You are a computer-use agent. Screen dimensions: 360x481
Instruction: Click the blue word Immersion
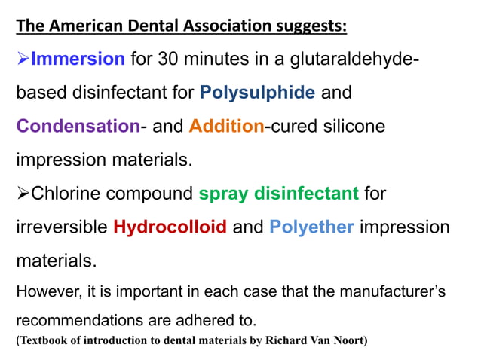point(78,59)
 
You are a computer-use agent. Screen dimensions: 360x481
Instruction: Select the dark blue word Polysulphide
point(257,93)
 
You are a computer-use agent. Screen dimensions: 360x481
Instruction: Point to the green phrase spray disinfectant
point(278,194)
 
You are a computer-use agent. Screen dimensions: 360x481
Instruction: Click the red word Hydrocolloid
point(170,227)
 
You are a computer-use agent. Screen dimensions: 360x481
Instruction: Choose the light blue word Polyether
point(311,227)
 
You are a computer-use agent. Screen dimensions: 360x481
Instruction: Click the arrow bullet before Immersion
point(23,59)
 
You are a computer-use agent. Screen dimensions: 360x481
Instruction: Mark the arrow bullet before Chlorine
point(23,194)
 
